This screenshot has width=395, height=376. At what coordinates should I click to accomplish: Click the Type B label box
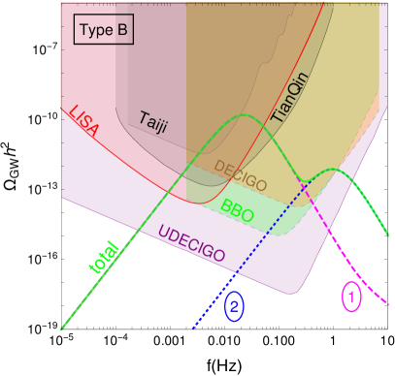click(103, 31)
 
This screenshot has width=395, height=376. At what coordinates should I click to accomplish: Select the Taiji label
click(152, 120)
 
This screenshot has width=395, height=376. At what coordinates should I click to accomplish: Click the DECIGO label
click(240, 173)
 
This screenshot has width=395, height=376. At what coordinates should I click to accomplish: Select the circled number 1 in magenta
click(351, 296)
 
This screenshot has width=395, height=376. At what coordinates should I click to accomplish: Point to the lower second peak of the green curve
click(333, 170)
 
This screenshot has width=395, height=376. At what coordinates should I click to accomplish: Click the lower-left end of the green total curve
click(62, 328)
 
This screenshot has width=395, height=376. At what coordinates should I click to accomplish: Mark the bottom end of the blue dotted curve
click(193, 329)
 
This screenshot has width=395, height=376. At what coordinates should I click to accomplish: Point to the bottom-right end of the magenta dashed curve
click(390, 304)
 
